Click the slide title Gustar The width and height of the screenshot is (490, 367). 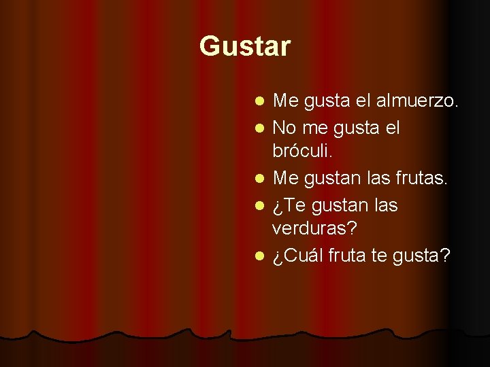[x=245, y=47]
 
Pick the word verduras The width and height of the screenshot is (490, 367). [x=314, y=230]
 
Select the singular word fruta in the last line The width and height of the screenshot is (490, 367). [x=348, y=256]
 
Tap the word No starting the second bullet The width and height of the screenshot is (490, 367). [x=284, y=127]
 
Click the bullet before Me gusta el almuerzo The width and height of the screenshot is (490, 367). [x=259, y=103]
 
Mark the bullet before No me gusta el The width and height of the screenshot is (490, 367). [x=259, y=128]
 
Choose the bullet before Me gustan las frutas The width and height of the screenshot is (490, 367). [x=259, y=179]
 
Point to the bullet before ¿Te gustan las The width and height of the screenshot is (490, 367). [x=259, y=205]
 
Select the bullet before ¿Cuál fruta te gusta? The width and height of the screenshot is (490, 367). [x=259, y=257]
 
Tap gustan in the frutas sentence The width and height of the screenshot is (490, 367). [x=332, y=179]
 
